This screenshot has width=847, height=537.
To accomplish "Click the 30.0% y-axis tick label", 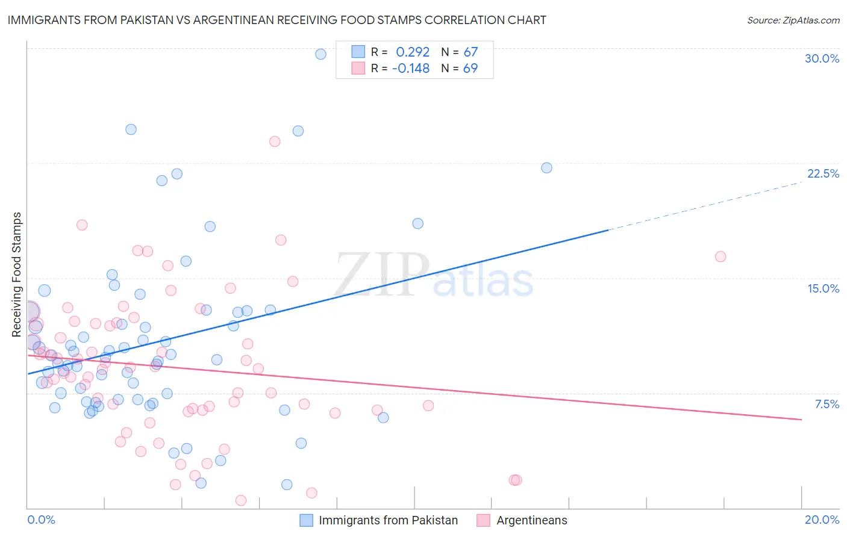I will point(822,58).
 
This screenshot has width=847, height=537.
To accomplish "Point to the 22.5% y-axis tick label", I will point(823,173).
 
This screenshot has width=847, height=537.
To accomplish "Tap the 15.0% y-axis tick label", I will point(823,288).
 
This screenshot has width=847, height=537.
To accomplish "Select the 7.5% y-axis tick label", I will point(827,404).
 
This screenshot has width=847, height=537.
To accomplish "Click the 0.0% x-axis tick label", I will point(41,520).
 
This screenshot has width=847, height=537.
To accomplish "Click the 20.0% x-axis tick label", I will point(822,520).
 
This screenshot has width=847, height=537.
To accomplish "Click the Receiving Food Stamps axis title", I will point(17,275).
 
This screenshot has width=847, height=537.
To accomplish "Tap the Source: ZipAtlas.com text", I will point(793,20).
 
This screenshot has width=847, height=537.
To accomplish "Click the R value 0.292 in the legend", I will point(412,52).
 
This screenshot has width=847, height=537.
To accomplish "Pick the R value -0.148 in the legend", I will point(410,68).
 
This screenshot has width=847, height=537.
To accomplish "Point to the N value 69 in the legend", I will point(470,68).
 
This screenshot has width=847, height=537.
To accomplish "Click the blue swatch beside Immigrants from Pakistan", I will point(306,520).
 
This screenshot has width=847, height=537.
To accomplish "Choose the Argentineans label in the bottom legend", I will point(531,520).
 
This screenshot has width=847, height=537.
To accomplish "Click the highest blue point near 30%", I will point(320,54).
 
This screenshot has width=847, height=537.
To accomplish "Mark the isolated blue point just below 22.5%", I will point(546,168).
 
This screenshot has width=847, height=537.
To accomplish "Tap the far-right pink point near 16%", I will point(720,256).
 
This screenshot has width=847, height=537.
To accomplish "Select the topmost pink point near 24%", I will point(275,141).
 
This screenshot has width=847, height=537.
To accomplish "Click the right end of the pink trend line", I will point(801,419).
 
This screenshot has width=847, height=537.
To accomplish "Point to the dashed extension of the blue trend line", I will point(705,205).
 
